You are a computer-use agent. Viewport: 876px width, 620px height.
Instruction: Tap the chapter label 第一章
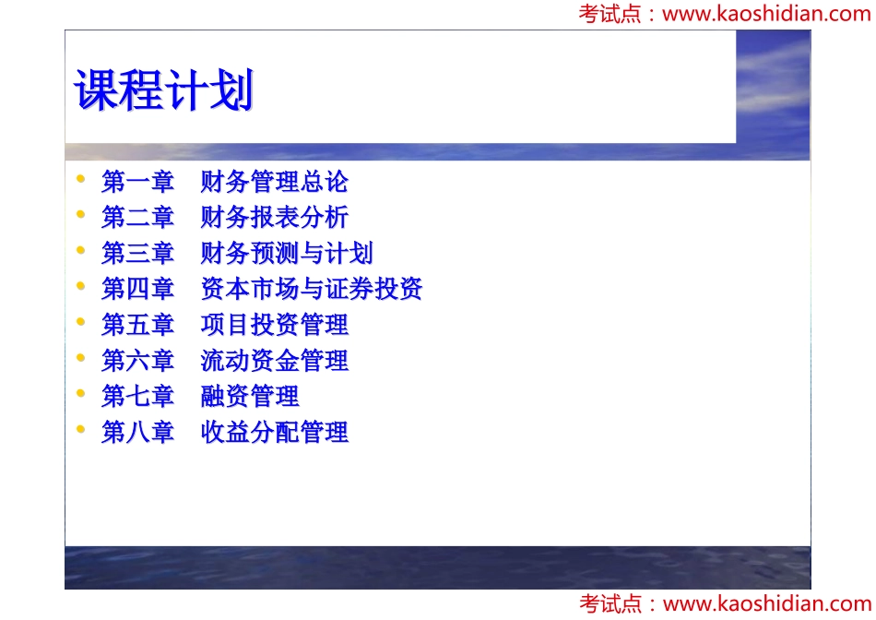(137, 182)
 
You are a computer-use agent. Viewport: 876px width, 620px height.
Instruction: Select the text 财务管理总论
(274, 182)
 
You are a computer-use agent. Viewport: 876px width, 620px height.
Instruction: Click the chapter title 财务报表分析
(274, 218)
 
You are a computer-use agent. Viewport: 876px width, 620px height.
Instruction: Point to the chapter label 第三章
(137, 254)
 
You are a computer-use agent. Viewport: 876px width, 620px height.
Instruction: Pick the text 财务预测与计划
(287, 254)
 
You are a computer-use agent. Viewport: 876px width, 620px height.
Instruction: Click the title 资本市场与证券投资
(311, 290)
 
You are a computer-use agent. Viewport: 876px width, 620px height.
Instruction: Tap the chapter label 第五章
(137, 325)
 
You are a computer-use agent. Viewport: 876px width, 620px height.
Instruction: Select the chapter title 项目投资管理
(274, 325)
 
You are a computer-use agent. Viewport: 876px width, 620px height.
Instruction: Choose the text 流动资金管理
(274, 361)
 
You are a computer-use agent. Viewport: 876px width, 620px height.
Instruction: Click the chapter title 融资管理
(250, 397)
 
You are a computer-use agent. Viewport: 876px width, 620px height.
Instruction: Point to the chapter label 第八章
(137, 432)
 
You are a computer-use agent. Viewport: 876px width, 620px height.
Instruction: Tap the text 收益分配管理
(274, 432)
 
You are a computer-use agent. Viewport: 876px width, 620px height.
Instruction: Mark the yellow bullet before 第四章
(81, 286)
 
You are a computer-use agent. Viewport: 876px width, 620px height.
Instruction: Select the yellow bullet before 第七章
(81, 393)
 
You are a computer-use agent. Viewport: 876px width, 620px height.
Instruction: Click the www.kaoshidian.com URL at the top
(766, 14)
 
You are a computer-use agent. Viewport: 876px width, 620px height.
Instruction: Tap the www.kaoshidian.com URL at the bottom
(766, 604)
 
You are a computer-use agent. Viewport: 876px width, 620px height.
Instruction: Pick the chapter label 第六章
(137, 361)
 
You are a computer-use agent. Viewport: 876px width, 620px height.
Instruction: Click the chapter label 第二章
(137, 218)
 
